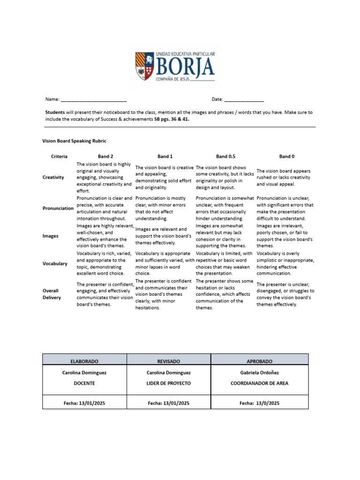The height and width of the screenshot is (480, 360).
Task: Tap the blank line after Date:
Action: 244,100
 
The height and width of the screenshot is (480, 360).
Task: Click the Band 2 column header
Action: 105,157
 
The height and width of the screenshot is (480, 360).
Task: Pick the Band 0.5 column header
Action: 225,157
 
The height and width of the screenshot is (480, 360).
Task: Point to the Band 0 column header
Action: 287,157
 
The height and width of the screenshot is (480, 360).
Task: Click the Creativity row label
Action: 53,178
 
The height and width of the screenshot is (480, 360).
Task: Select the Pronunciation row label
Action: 58,208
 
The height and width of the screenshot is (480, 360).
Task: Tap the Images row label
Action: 50,236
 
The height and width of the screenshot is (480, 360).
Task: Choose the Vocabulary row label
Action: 55,263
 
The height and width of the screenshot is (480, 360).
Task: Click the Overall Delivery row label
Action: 52,294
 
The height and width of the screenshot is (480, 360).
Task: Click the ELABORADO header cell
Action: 84,362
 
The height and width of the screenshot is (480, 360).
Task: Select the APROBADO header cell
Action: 259,362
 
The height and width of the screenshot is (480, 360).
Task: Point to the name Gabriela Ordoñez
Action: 259,373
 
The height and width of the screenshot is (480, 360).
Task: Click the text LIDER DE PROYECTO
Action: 168,383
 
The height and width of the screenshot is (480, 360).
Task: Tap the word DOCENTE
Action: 84,383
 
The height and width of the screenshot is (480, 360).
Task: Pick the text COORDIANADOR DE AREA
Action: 259,383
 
